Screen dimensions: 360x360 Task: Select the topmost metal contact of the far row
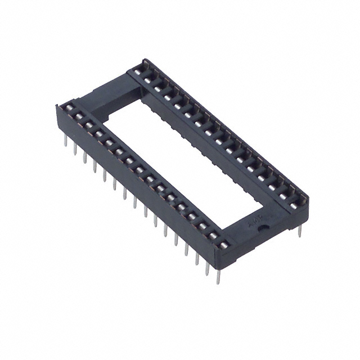[x=138, y=71]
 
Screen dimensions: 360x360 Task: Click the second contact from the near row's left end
[x=76, y=116]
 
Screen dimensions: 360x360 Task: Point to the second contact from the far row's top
[x=148, y=79]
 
